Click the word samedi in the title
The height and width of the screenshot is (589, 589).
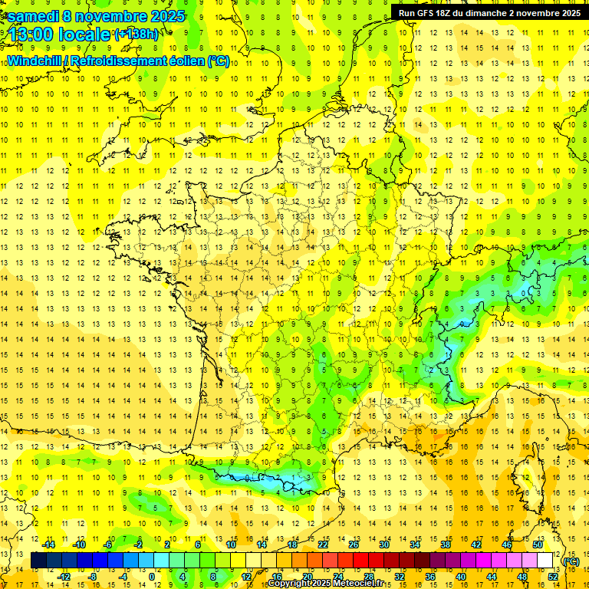coord(33,16)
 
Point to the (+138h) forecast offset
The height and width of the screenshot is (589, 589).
coord(137,35)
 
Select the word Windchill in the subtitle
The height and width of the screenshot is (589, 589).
coord(35,61)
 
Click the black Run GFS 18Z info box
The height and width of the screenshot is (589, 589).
coord(489,12)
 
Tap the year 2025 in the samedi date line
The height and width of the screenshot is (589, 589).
coord(163,16)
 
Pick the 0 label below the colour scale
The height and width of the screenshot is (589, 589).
coord(152,576)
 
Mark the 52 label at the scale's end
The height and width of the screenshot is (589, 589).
coord(553,576)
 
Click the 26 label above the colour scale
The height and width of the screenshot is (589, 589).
coord(354,545)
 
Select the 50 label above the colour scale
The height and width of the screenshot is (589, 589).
coord(538,545)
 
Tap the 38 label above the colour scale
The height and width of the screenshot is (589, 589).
coord(446,545)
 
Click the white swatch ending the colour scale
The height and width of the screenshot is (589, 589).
coord(545,561)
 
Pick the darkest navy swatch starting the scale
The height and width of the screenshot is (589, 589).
coord(38,561)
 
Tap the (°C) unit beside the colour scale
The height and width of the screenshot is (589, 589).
coord(571,561)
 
